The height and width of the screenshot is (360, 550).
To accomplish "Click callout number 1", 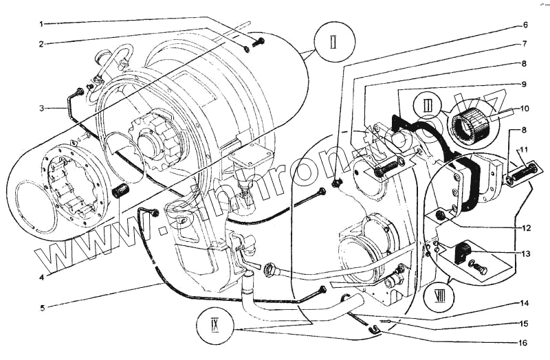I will point(41,23).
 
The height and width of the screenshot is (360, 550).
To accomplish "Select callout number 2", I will point(41,44).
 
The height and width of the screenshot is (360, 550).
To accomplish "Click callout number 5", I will point(41,307).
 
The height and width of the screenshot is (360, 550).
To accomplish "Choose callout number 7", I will point(525,44).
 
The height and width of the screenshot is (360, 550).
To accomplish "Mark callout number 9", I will point(525,84).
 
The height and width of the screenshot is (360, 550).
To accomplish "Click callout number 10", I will point(525,109).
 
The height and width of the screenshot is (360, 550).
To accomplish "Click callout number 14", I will point(525,302).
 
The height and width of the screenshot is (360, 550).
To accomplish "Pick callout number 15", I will point(525,323).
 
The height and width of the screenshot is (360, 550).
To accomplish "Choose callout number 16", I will point(525,341).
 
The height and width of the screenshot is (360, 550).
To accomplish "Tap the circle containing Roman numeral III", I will point(428,106).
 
